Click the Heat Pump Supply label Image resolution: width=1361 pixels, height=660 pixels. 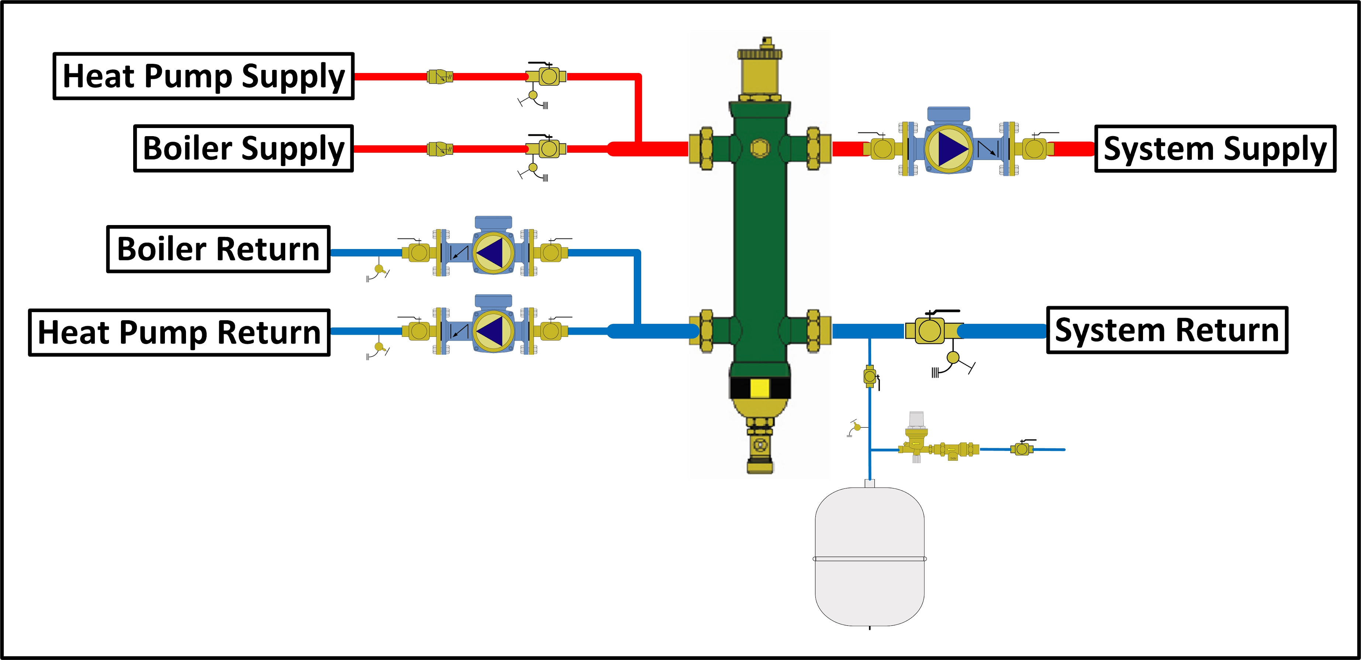click(x=203, y=76)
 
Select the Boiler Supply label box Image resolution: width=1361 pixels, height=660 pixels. click(x=243, y=148)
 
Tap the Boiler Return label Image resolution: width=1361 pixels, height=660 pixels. click(x=218, y=249)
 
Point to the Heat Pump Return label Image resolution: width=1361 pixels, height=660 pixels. click(x=179, y=332)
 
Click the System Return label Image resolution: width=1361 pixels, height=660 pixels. click(x=1167, y=330)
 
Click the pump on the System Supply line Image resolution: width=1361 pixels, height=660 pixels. click(x=949, y=148)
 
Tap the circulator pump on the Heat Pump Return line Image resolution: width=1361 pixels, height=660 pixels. click(x=493, y=331)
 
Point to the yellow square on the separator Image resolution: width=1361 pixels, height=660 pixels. click(x=760, y=388)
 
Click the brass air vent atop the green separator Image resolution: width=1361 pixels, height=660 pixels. click(x=760, y=71)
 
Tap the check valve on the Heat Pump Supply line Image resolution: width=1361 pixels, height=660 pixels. click(x=439, y=77)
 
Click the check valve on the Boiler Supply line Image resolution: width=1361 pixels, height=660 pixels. click(x=439, y=149)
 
